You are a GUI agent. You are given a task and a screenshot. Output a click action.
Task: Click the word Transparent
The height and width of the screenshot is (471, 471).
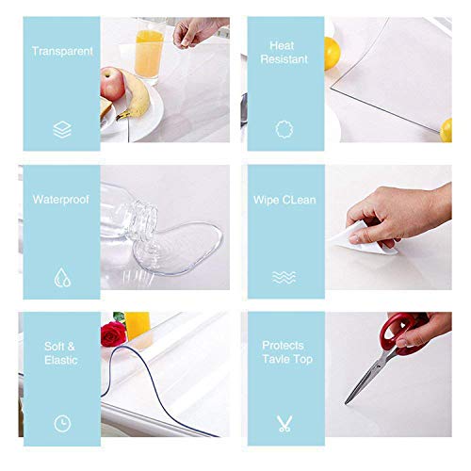[61, 51]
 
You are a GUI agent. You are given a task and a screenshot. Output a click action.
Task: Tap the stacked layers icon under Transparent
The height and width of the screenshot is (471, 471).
[61, 129]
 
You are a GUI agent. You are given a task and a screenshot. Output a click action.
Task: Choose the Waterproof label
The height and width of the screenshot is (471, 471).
[61, 200]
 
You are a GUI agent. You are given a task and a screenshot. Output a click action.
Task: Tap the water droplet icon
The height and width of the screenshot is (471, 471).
[61, 277]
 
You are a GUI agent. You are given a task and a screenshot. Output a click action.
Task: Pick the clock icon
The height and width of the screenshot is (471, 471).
[61, 423]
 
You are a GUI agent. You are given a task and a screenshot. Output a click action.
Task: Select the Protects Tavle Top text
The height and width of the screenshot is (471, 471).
[286, 352]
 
